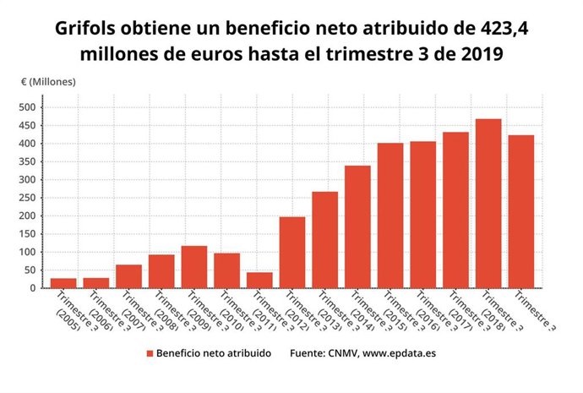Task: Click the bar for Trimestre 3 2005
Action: point(63,283)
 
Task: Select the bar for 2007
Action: point(128,276)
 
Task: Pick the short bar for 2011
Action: point(259,280)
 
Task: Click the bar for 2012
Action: point(292,253)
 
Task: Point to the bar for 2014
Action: point(357,227)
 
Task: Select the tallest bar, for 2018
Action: point(488,204)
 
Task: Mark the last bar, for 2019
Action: point(521,211)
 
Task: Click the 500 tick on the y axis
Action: point(29,107)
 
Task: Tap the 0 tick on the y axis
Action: point(35,288)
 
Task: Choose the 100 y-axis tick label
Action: point(29,252)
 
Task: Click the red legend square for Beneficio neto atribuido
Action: point(150,353)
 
